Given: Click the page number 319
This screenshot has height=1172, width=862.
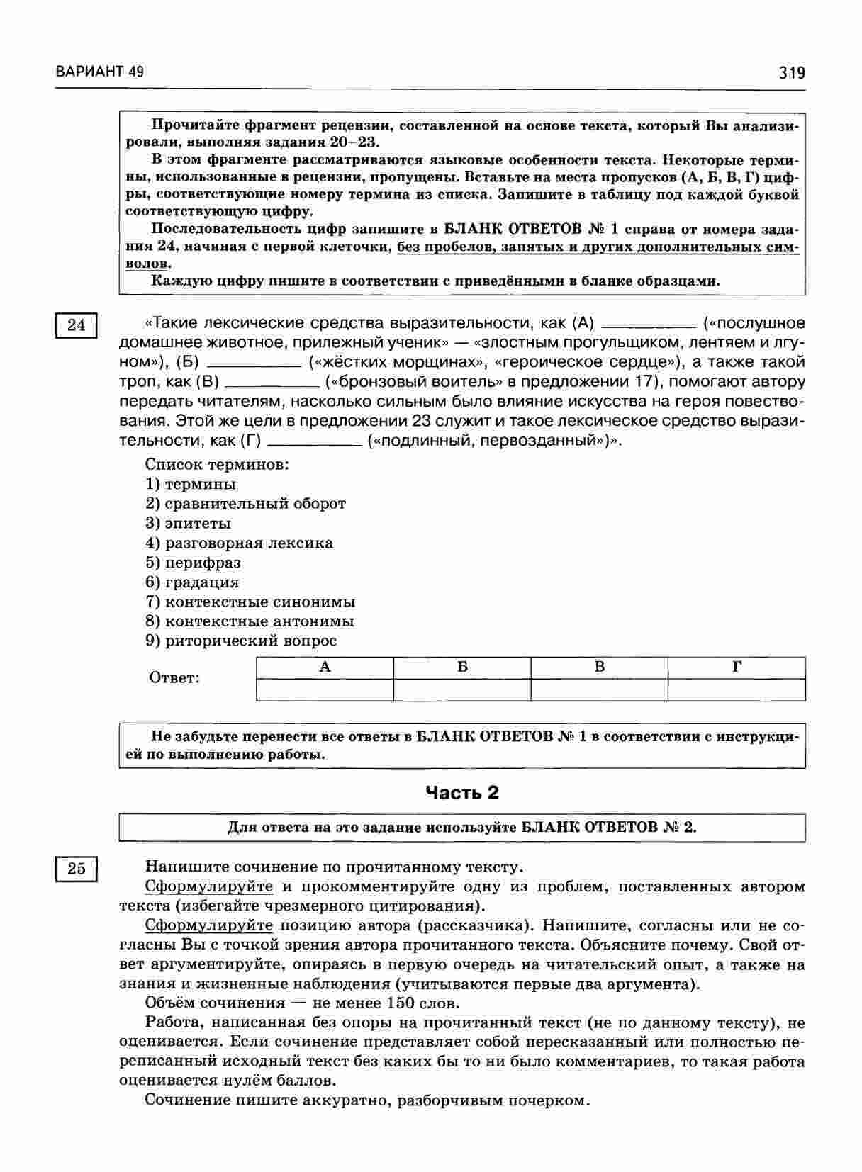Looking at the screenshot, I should [x=792, y=73].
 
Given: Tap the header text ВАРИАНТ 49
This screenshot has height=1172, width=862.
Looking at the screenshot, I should [x=99, y=72].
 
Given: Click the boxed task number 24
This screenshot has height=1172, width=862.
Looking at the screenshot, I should [x=76, y=325].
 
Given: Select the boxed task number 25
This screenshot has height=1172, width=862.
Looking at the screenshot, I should [x=76, y=869].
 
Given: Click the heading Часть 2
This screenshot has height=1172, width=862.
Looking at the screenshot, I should [x=461, y=793].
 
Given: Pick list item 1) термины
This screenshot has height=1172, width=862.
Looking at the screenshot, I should [x=191, y=484].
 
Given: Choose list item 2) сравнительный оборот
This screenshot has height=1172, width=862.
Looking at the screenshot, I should [x=245, y=504].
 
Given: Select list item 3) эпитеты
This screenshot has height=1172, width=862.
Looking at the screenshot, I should [x=188, y=524].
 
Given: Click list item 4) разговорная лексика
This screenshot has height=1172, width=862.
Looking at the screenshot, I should [x=239, y=543].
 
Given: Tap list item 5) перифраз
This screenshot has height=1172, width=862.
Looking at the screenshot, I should [x=193, y=563].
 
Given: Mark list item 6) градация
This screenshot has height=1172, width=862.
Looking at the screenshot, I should [x=192, y=582].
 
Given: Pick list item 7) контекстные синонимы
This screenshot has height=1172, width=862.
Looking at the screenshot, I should [x=250, y=602].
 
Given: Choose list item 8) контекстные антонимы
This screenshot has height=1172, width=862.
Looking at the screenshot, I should [x=250, y=621].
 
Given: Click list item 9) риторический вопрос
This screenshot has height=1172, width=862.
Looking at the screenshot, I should [x=241, y=641].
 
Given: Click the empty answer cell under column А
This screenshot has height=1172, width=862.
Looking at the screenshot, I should [x=325, y=689].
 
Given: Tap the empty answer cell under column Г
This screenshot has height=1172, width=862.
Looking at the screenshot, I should [x=737, y=689].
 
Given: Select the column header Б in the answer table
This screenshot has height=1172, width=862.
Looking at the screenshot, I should [x=462, y=667].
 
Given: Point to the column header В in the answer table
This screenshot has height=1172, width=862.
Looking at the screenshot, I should [x=600, y=667].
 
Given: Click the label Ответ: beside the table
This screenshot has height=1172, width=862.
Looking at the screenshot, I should [x=174, y=678].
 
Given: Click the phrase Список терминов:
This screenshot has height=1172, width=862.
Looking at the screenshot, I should [x=217, y=465].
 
